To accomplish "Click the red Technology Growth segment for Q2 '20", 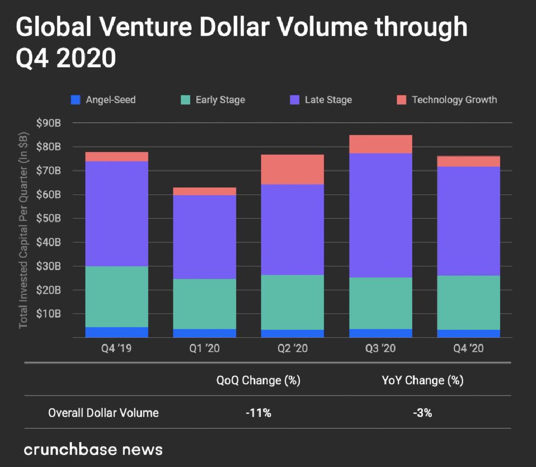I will (x=292, y=169).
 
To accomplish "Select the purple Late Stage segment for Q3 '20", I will (x=381, y=215).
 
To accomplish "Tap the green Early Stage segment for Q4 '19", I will (x=116, y=297).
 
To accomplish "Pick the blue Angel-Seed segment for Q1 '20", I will (x=204, y=333).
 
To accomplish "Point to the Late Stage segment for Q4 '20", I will (x=468, y=221).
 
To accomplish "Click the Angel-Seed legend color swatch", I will (x=74, y=100).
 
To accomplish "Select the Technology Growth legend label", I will (x=454, y=100).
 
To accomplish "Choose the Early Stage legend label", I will (x=220, y=100).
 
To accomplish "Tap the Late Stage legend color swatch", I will (x=294, y=100).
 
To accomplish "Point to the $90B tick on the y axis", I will (x=49, y=123).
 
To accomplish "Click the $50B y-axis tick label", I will (x=49, y=219).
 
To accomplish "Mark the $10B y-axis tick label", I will (x=49, y=314).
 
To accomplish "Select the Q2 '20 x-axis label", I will (x=292, y=349).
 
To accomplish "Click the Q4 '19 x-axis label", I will (x=116, y=349).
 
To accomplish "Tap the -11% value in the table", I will (x=258, y=413).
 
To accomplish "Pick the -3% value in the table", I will (x=422, y=413).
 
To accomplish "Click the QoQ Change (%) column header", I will (x=258, y=380).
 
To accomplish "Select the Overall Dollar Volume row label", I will (x=104, y=413).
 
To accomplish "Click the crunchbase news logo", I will (x=93, y=449).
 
